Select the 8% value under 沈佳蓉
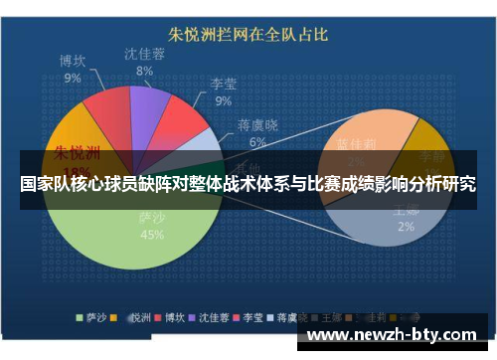144,71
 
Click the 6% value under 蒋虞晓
257,142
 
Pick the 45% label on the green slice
152,235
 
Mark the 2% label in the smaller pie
406,227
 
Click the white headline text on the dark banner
248,185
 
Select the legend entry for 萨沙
96,319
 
